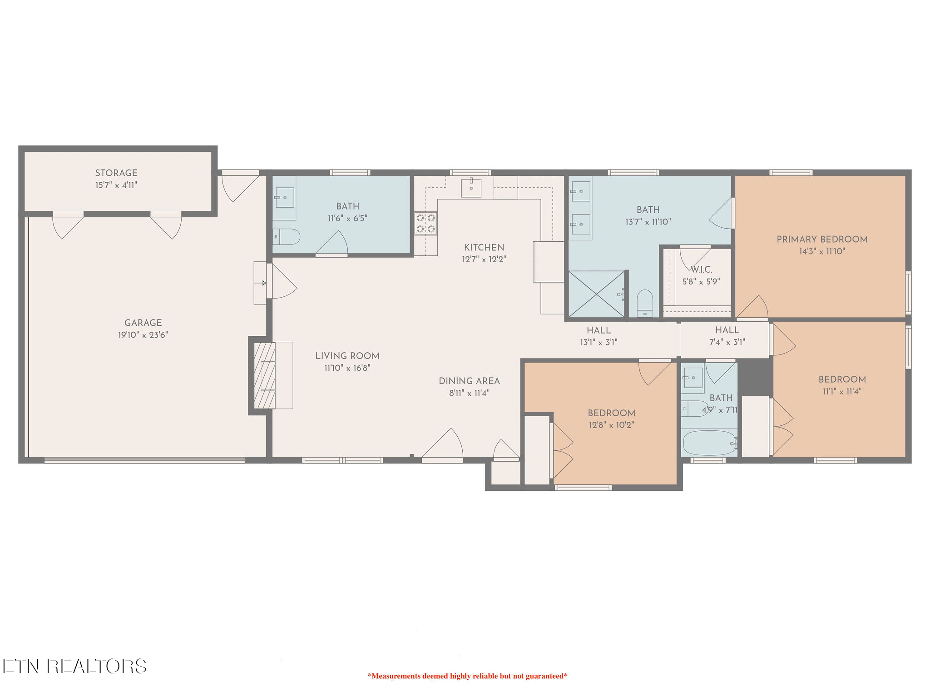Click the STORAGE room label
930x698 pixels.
coord(116,173)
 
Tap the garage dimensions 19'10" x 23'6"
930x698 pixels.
coord(143,335)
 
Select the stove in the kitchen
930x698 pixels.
coord(425,224)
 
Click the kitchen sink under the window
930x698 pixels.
coord(471,188)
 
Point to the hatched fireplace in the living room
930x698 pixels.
coord(265,375)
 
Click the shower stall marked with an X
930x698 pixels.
coord(596,294)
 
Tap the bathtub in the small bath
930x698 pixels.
coord(709,443)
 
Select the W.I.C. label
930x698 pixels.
coord(702,269)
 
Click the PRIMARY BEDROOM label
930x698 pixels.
coord(822,239)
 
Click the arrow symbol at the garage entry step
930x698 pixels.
coord(260,283)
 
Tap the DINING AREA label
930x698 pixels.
coord(469,381)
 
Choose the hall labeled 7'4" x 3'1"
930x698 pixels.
coord(727,336)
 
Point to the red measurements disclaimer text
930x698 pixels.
coord(467,676)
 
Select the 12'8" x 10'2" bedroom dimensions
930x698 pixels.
coord(611,425)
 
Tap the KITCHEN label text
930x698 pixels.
coord(484,248)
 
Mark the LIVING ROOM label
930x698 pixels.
coord(347,356)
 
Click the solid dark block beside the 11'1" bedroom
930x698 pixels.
coord(755,377)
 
